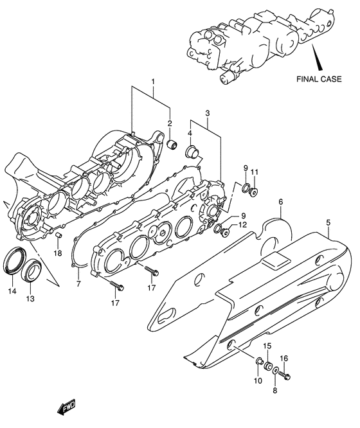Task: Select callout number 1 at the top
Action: pos(153,82)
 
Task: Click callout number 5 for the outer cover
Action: pos(328,223)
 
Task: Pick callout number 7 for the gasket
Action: pos(78,283)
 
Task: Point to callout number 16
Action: pos(283,359)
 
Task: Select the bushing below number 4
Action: pos(192,154)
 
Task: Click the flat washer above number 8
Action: pos(275,371)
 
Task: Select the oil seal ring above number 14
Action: pos(13,262)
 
